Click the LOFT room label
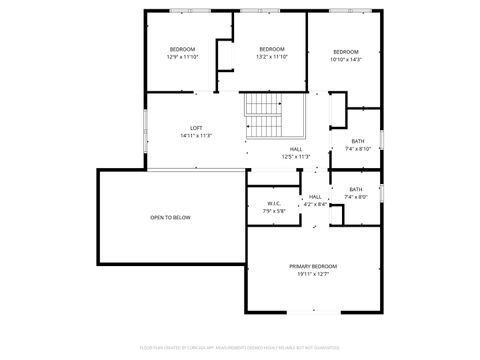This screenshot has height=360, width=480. click(x=197, y=127)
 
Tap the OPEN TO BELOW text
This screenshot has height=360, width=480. click(x=170, y=217)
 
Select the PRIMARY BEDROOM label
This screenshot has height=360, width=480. click(x=313, y=266)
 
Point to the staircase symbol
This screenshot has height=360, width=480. click(x=265, y=117)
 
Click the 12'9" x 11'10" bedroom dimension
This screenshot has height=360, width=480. click(x=182, y=57)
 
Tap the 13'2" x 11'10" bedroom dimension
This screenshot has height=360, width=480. click(x=272, y=57)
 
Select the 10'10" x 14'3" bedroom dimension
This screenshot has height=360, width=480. click(x=345, y=59)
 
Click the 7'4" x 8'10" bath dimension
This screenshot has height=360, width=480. click(x=358, y=149)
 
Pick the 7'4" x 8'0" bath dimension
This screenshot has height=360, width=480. click(x=357, y=197)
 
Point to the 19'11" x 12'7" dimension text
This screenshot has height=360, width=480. click(x=313, y=274)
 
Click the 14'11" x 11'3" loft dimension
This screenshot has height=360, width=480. click(x=197, y=135)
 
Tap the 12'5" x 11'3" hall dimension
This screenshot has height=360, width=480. click(x=296, y=157)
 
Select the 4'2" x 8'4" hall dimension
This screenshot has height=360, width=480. click(x=315, y=204)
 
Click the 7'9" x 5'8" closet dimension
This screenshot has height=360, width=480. click(x=274, y=211)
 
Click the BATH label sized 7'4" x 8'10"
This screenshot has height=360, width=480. click(x=358, y=141)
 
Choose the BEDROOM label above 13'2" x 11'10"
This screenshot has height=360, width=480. click(x=272, y=49)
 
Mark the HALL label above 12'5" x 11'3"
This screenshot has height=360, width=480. click(x=296, y=149)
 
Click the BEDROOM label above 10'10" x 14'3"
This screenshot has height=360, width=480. click(x=345, y=51)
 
